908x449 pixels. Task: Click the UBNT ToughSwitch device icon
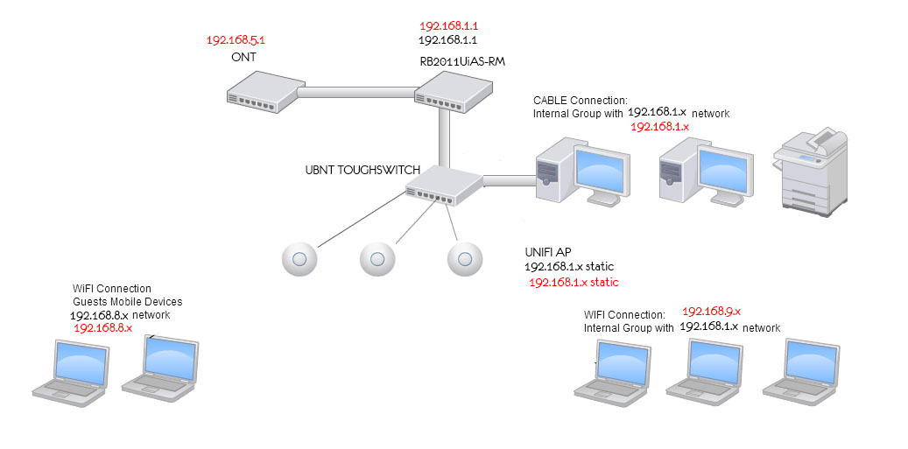445,186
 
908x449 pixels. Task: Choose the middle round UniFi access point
377,258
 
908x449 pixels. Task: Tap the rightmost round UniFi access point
465,258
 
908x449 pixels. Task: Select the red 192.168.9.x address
711,311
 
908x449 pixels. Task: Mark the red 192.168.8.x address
103,327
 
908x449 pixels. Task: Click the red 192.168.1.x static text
574,282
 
